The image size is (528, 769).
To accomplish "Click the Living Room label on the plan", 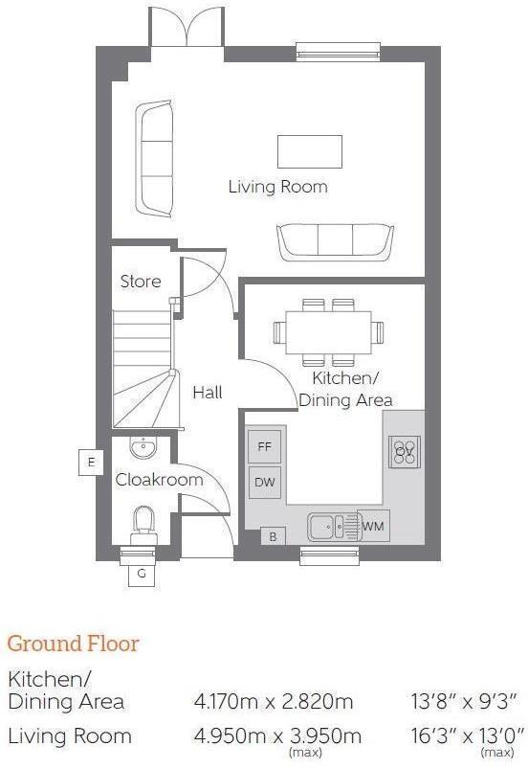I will (x=277, y=187).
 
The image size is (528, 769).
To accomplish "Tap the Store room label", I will (x=141, y=282).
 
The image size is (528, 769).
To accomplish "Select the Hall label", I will (x=208, y=393).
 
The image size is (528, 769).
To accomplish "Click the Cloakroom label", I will (x=160, y=480).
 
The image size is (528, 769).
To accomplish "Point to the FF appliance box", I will (x=264, y=447).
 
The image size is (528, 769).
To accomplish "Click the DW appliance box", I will (x=264, y=483).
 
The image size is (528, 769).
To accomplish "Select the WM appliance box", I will (x=373, y=526).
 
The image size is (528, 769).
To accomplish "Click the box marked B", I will (x=273, y=537).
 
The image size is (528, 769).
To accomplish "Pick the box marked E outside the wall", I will (x=91, y=463).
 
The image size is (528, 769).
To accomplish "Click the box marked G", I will (x=142, y=574).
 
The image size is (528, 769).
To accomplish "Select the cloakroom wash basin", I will (x=143, y=449).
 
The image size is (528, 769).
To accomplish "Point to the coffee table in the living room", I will (x=310, y=151).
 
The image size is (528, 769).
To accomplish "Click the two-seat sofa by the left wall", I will (x=153, y=159).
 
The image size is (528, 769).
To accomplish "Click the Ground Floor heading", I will (x=73, y=644).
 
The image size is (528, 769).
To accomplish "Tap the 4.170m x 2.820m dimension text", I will (x=274, y=701).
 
